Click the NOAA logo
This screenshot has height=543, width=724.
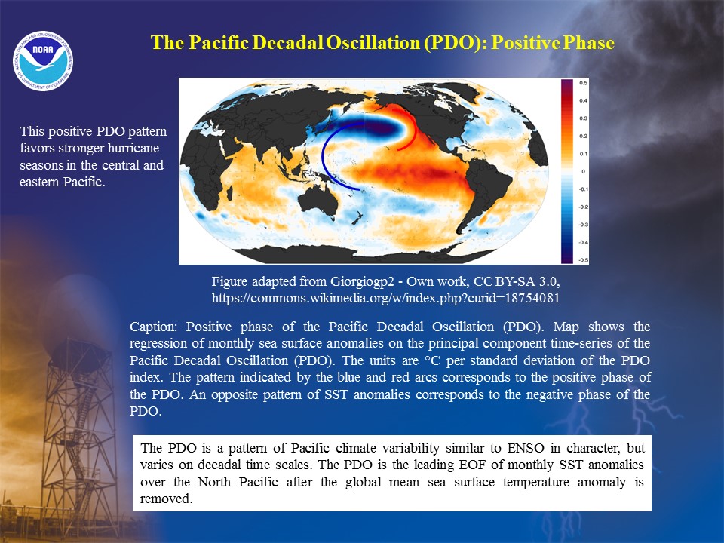[x=43, y=60]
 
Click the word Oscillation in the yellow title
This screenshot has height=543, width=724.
[x=373, y=42]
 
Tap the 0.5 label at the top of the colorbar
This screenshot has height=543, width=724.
[x=583, y=83]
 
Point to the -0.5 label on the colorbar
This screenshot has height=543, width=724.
[x=583, y=260]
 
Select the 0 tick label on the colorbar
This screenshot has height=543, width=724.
[x=583, y=172]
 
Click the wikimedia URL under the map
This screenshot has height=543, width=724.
[x=385, y=298]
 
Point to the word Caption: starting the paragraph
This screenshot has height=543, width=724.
[x=153, y=327]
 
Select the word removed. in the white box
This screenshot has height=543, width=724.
[x=166, y=499]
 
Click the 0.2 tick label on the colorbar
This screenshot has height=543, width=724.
[x=583, y=137]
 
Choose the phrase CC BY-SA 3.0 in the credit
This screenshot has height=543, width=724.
[x=517, y=281]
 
